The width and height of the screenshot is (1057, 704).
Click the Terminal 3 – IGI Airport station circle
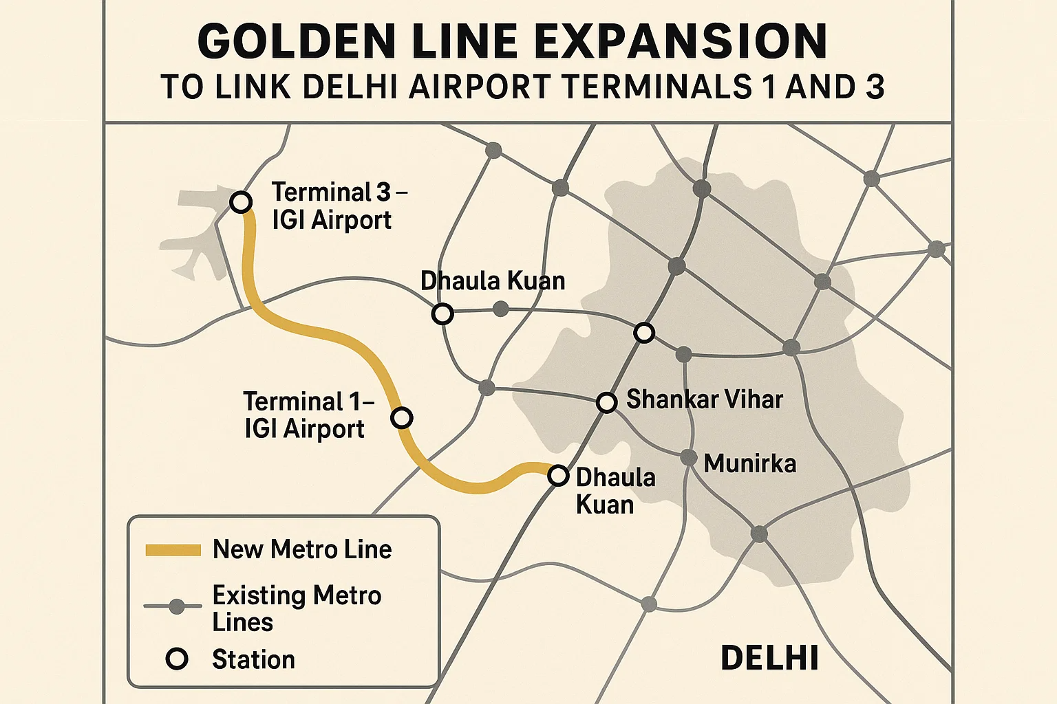point(240,202)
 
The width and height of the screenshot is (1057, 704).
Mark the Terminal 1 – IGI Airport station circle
point(401,417)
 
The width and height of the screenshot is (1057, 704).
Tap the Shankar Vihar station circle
point(606,402)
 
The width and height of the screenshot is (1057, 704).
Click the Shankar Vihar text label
point(704,399)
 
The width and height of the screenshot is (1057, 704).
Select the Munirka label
point(749,463)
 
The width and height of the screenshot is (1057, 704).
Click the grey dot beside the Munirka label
point(688,457)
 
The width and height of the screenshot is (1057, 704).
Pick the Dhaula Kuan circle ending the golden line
point(558,475)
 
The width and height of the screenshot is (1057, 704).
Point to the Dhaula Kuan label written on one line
point(492,280)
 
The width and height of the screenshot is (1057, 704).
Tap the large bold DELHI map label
point(769,658)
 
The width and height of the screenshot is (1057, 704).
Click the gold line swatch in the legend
point(173,550)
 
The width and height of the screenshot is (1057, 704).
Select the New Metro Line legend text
point(301,549)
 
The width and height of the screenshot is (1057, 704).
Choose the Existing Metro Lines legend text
point(296,608)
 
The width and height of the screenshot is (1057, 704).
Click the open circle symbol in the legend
point(177,659)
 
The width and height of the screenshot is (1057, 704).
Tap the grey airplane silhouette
point(196,234)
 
